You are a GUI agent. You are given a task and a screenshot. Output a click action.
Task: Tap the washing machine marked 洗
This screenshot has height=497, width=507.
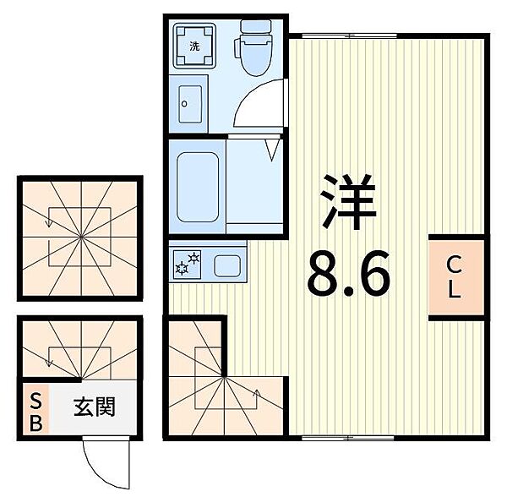pos(194,46)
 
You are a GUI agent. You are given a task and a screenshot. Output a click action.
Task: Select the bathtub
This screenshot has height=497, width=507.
pos(198,187)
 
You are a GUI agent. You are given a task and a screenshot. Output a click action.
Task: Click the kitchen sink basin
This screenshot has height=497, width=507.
pos(227,265)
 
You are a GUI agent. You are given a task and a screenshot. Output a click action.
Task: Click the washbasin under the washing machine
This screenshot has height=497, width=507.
pos(190,104)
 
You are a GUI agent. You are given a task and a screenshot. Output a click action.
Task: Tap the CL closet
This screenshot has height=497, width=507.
pos(456,277)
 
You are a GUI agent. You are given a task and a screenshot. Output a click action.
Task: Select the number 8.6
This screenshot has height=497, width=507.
pos(349,273)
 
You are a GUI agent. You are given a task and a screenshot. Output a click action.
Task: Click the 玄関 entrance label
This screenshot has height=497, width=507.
pos(95,407)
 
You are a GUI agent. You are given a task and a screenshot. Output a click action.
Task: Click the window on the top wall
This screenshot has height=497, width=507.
pos(349,35)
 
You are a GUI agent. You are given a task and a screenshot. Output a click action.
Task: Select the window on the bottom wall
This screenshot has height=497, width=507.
pos(348,438)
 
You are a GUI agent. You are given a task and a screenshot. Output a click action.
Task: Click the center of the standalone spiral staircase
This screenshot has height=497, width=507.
pos(81,238)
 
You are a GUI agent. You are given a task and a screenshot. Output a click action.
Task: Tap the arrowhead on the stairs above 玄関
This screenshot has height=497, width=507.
pos(49,363)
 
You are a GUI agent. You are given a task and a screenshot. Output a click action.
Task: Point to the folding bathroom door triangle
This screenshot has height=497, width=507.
pos(271,150)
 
